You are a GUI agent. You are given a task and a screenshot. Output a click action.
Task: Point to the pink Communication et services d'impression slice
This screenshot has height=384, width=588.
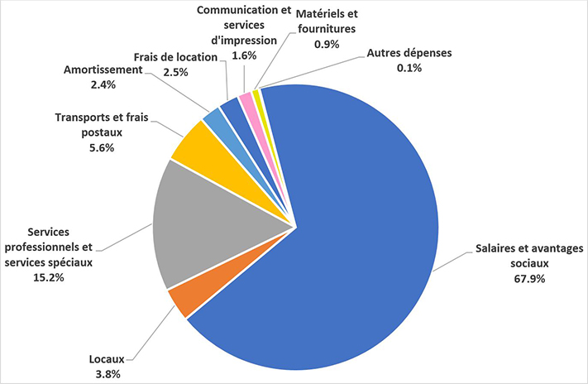point(246,99)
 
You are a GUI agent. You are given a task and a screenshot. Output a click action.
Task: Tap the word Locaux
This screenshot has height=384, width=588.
point(106,360)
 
